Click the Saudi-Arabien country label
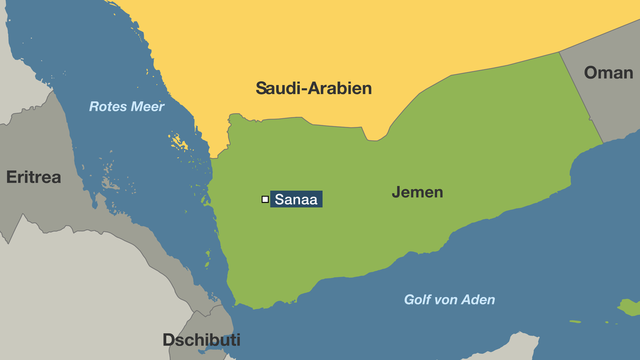[x=313, y=88]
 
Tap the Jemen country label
[x=417, y=192]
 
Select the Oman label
[x=608, y=73]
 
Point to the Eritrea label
[x=33, y=177]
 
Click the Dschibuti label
[x=201, y=340]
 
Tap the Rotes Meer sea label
[x=127, y=107]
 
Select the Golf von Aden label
[x=449, y=300]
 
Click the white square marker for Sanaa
[x=265, y=199]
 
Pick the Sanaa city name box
[x=296, y=199]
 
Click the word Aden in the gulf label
[x=478, y=300]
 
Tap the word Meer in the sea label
[x=147, y=107]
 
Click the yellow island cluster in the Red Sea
[x=178, y=142]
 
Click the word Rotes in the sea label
[x=108, y=107]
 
